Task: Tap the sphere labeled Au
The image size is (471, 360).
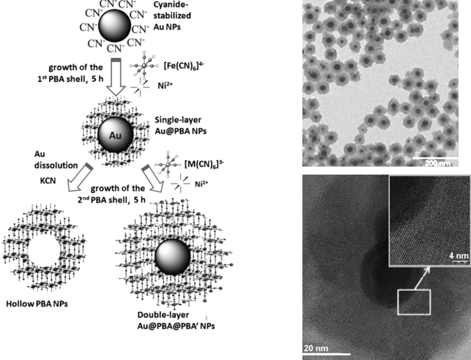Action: pyautogui.click(x=115, y=135)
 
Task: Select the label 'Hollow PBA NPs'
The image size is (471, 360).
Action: pyautogui.click(x=37, y=304)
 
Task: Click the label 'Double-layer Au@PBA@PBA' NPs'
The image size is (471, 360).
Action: pyautogui.click(x=176, y=320)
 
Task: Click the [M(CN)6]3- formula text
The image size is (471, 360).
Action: pyautogui.click(x=204, y=164)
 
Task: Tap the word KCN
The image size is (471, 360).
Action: pyautogui.click(x=48, y=181)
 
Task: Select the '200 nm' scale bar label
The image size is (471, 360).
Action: pyautogui.click(x=437, y=163)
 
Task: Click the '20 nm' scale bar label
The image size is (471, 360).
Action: pyautogui.click(x=316, y=348)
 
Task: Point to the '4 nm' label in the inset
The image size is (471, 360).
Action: pyautogui.click(x=459, y=256)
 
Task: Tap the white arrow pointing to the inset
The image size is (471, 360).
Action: pyautogui.click(x=422, y=278)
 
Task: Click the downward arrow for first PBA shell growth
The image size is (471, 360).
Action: pyautogui.click(x=116, y=77)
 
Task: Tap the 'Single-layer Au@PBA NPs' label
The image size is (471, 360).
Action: pyautogui.click(x=180, y=125)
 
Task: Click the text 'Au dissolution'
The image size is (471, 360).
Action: pyautogui.click(x=56, y=160)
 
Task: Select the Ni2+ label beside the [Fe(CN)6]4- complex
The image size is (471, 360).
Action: pyautogui.click(x=165, y=86)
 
